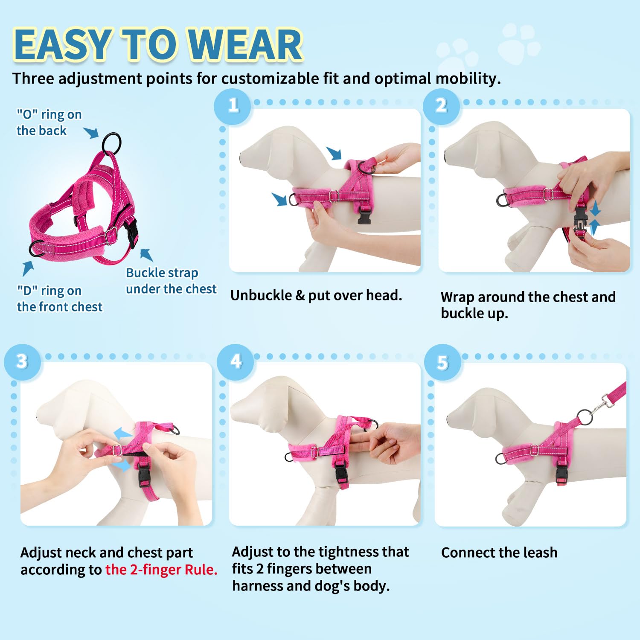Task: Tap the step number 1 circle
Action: pos(233,105)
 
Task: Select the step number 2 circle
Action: pos(441,105)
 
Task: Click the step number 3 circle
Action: pos(22,362)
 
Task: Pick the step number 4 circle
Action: pos(236,362)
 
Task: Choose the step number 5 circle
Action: pos(443,363)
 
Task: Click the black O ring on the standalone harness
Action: pos(112,143)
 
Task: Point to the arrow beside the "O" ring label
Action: pos(91,132)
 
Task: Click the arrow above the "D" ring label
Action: pos(28,268)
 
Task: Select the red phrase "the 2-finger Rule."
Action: pos(161,570)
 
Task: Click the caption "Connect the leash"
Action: pos(499,553)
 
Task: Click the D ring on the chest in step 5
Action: pos(500,459)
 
